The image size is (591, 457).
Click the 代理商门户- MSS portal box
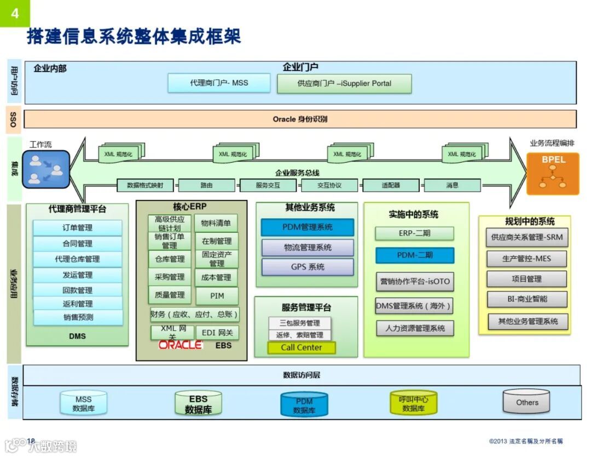point(219,83)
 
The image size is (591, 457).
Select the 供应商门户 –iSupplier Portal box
point(344,84)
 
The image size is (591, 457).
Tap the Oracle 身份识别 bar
point(300,119)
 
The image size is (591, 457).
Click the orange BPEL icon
point(553,173)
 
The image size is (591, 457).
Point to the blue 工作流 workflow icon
point(46,169)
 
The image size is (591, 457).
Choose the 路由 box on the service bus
point(206,185)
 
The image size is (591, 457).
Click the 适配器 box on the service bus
point(390,185)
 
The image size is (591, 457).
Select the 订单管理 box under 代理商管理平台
point(77,228)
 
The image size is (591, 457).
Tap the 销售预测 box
point(78,317)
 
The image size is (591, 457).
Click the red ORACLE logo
point(181,345)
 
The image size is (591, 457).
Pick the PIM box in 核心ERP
point(217,296)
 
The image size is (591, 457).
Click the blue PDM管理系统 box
point(307,227)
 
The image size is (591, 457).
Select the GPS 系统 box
point(307,267)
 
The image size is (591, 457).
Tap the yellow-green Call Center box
point(301,347)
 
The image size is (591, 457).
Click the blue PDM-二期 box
point(414,255)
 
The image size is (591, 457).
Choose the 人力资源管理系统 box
point(414,329)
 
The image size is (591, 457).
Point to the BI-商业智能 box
point(526,299)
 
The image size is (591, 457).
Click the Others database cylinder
point(526,403)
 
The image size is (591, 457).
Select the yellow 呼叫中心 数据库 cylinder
point(413,404)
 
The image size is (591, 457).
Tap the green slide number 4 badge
point(15,13)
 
